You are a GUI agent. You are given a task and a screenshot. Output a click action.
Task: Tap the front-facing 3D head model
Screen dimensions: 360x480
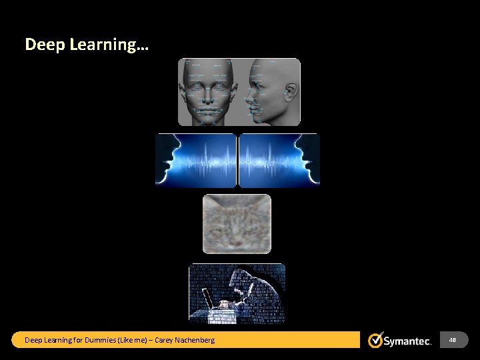209,92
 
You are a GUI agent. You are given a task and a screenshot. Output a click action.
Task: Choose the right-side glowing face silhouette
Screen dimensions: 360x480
309,160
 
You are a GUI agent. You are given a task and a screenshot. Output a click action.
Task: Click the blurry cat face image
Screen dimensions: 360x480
237,224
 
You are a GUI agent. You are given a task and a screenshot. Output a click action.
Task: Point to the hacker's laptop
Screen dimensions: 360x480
209,304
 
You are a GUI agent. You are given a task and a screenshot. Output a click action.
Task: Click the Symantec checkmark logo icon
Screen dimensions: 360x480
375,340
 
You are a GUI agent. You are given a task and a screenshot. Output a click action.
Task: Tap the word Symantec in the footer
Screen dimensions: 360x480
407,341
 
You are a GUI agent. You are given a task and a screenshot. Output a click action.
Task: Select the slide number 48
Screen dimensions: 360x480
453,340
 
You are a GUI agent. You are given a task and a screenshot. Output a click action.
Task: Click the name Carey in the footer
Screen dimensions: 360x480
164,340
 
